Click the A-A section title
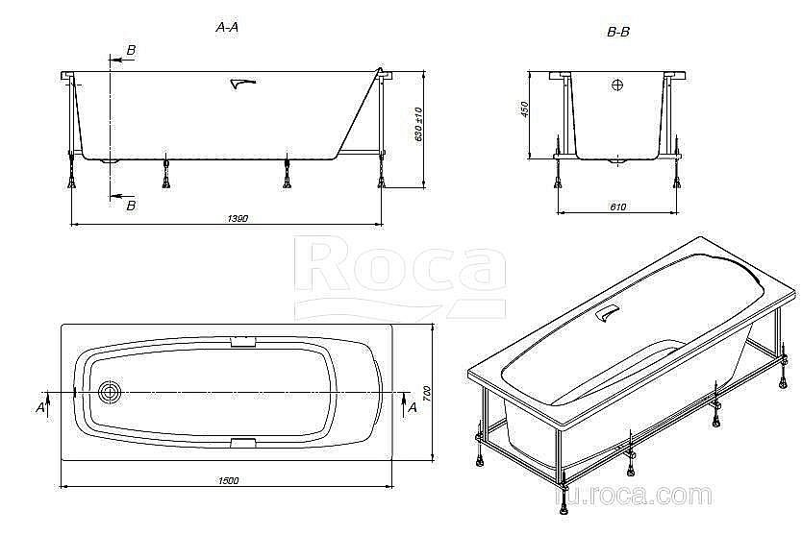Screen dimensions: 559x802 [x=228, y=28]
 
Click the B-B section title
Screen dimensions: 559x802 [x=618, y=32]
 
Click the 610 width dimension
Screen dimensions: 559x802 [x=617, y=207]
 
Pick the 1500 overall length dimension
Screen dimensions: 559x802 [x=227, y=480]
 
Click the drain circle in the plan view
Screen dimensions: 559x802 [x=111, y=392]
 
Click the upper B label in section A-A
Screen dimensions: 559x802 [x=131, y=50]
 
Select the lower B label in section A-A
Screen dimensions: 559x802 [x=131, y=205]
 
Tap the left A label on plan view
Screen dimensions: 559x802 [x=41, y=407]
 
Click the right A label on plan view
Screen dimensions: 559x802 [x=412, y=407]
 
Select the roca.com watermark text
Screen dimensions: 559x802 [x=639, y=496]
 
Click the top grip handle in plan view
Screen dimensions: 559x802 [x=242, y=340]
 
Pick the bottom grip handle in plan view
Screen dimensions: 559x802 [x=242, y=443]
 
